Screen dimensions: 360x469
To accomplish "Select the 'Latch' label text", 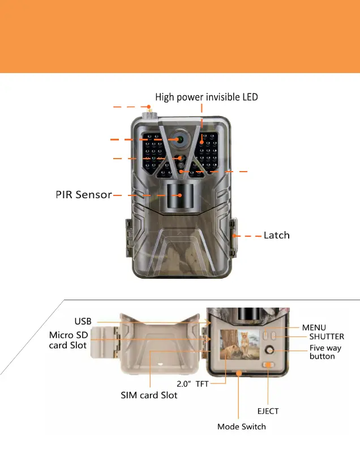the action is (276, 234).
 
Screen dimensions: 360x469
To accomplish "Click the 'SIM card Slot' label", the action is (149, 395).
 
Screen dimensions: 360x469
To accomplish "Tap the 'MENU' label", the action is (314, 327).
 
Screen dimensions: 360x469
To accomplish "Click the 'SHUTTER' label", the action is (323, 336).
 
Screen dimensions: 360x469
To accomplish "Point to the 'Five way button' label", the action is (325, 352).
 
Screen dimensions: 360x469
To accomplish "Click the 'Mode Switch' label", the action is (242, 427).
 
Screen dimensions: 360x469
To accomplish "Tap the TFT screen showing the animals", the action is (235, 346).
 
